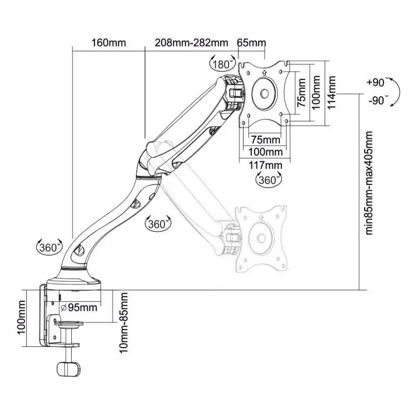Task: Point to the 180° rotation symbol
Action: pos(221,63)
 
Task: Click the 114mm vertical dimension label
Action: pos(332,93)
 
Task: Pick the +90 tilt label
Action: pos(376,83)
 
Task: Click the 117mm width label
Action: pos(265,165)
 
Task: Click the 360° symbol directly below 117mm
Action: pos(267,180)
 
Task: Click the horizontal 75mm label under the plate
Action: pos(265,138)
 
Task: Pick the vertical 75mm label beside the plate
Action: pos(301,92)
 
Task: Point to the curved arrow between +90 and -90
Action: pos(394,92)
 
